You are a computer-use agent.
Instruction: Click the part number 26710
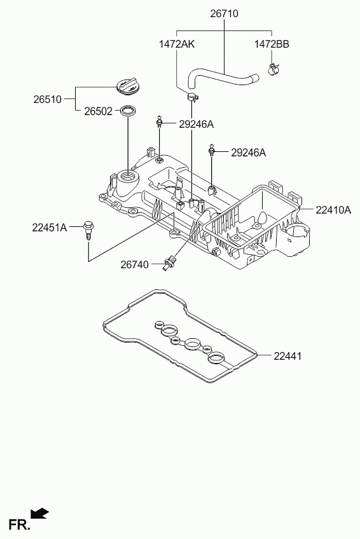tap(224, 14)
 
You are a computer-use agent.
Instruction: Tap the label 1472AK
tap(176, 44)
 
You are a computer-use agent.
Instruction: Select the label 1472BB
tap(272, 44)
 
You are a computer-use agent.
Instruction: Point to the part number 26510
tap(48, 99)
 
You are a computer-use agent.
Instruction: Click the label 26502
tap(99, 111)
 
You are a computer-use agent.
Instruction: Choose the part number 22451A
tap(50, 227)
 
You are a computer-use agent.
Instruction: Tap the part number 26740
tap(134, 264)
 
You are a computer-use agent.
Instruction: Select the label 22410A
tap(333, 210)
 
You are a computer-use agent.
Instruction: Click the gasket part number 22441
tap(287, 356)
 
